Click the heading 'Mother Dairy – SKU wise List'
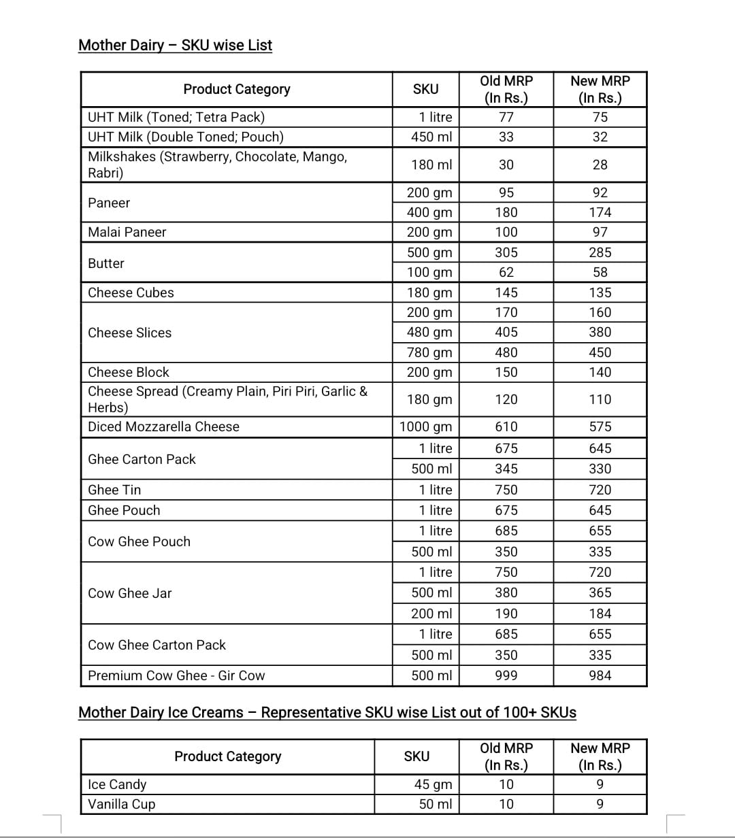[175, 46]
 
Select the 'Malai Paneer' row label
[127, 232]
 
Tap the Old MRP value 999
[506, 675]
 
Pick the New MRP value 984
[600, 675]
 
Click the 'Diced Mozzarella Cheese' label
[163, 426]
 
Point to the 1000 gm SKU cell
[425, 426]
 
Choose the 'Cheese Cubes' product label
[131, 292]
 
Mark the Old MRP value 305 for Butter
[506, 252]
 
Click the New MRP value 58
[600, 272]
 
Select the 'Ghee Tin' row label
[114, 490]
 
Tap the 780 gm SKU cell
[429, 352]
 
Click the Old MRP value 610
[506, 426]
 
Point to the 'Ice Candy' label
[117, 784]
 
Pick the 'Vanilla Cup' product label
[122, 804]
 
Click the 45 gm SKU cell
[433, 784]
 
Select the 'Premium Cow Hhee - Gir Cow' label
[176, 675]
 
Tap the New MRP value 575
[600, 426]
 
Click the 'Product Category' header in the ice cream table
[227, 756]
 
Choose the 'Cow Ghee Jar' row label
[130, 593]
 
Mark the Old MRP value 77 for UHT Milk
[506, 117]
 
